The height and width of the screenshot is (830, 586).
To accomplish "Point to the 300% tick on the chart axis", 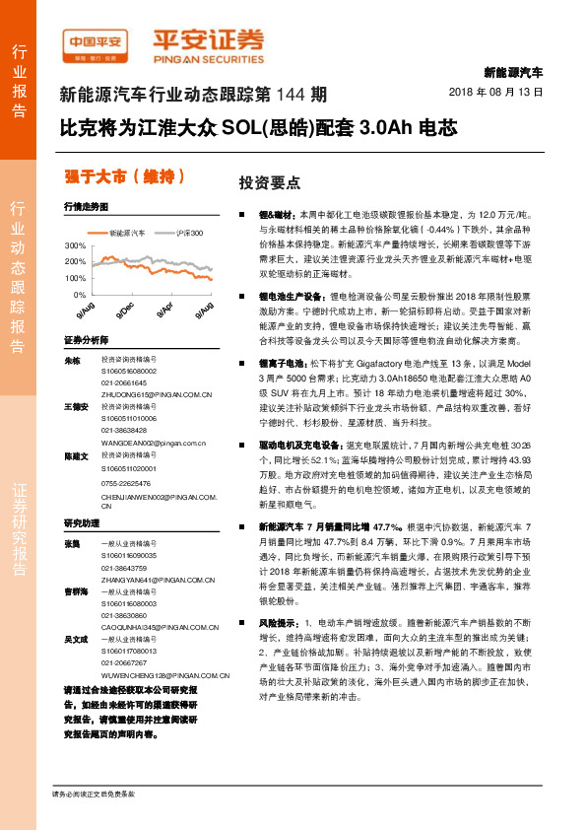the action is [75, 244].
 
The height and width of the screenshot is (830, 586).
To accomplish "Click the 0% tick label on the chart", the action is [79, 295].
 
